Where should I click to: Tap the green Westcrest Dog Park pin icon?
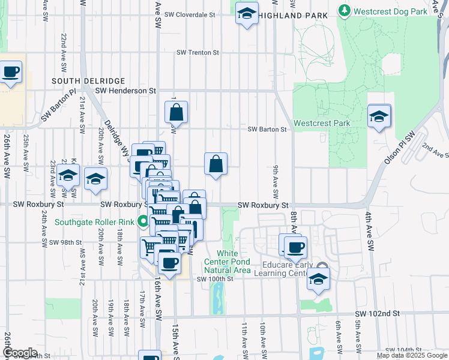coord(344,11)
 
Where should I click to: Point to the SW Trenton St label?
coord(197,53)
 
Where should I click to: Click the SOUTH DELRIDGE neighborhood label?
coord(88,80)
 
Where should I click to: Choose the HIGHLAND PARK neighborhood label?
coord(294,15)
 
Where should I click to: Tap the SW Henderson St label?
coord(125,91)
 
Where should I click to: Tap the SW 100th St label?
coord(214,279)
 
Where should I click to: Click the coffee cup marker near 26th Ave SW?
coord(10,73)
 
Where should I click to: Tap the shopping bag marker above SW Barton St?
coord(176,112)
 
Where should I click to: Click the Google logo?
coord(19,353)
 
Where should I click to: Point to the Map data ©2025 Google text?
coord(411,355)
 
